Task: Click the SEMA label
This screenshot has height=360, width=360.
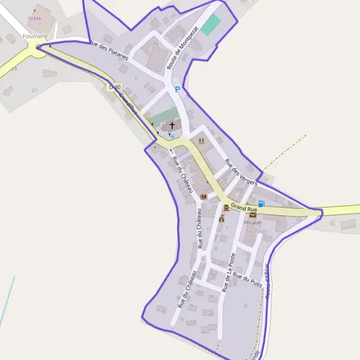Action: (34, 19)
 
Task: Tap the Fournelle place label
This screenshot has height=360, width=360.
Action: (34, 36)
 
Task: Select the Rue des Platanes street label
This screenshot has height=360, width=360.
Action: (109, 52)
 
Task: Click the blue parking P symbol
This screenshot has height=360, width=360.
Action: (177, 89)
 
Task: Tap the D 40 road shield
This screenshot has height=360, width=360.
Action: (113, 87)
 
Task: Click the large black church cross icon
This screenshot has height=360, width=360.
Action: (173, 125)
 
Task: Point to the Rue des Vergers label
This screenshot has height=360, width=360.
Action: (240, 172)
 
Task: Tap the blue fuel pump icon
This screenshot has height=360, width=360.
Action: (261, 203)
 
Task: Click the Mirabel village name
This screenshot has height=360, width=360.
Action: (253, 222)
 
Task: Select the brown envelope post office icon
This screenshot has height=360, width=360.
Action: (253, 214)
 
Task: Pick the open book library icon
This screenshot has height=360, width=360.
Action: (203, 197)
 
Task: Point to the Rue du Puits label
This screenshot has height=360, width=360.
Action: (247, 278)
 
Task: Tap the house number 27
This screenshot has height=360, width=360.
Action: (34, 90)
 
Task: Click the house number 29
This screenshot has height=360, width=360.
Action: (14, 70)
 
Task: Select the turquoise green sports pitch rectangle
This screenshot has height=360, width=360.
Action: (210, 25)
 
